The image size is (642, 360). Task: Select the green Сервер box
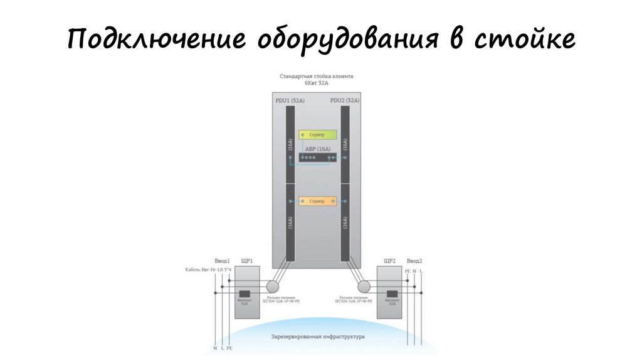[x=317, y=135]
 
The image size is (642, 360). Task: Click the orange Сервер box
[x=317, y=201]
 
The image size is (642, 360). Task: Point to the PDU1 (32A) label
[x=290, y=100]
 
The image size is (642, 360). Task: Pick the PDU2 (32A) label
[x=344, y=100]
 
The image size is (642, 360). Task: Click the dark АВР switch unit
[x=317, y=157]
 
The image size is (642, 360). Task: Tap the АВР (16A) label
[x=317, y=149]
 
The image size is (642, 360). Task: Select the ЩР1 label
[x=247, y=260]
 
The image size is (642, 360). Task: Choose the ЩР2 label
[x=389, y=260]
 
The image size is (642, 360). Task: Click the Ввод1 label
[x=223, y=260]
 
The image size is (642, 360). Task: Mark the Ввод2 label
[x=414, y=260]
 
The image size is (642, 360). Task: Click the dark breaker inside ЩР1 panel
[x=245, y=294]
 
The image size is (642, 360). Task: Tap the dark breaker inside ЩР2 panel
[x=392, y=294]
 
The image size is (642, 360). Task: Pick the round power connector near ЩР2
[x=364, y=286]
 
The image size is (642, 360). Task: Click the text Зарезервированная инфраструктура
[x=318, y=337]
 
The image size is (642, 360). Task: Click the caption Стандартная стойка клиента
[x=317, y=76]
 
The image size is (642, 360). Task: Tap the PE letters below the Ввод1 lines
[x=229, y=347]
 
